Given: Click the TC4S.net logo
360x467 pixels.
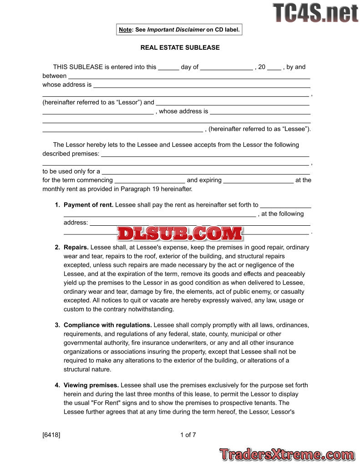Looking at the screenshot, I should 315,13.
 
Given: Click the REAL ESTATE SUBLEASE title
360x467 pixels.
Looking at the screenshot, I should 180,47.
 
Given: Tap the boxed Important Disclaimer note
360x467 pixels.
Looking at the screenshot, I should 179,30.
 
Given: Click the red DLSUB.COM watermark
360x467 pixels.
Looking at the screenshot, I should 180,233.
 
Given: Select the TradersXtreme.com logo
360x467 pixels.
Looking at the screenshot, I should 287,454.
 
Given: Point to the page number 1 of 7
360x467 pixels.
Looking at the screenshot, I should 188,435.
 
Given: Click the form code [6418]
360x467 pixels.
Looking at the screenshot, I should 51,435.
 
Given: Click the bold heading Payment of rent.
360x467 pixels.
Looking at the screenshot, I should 88,205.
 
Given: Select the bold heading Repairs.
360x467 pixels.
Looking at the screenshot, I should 76,247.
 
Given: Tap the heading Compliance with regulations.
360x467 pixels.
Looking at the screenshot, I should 107,325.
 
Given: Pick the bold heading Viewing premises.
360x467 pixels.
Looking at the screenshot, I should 91,385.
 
